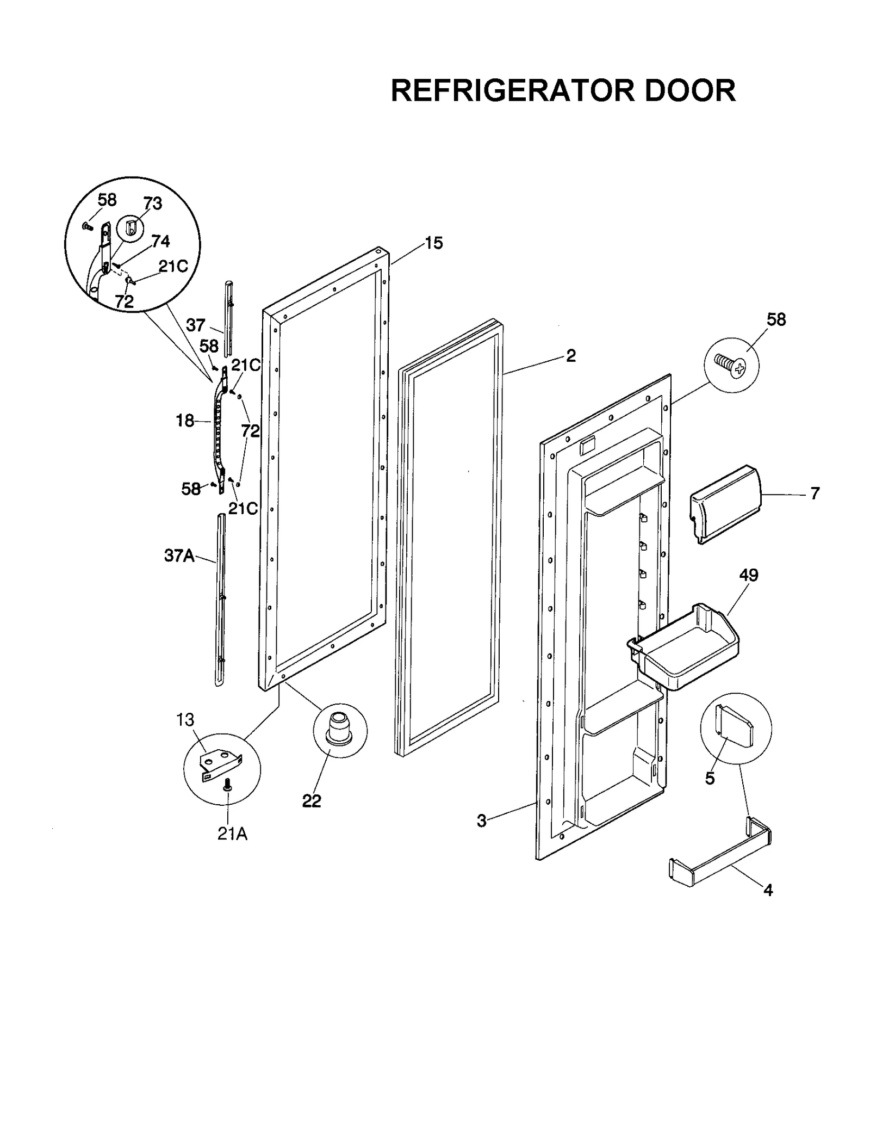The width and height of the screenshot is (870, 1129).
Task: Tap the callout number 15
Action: click(433, 243)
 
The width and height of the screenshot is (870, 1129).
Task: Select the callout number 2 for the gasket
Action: click(570, 355)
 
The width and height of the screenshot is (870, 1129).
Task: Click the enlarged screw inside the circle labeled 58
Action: click(730, 363)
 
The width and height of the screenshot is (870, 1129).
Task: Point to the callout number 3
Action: click(481, 820)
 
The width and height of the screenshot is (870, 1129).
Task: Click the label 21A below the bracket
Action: click(232, 834)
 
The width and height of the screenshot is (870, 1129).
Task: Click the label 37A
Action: click(179, 556)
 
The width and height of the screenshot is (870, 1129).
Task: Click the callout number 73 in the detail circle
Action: click(153, 203)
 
